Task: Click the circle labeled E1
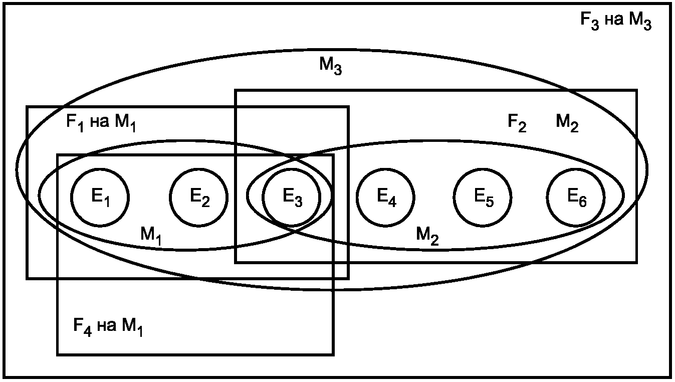click(x=100, y=196)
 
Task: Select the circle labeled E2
click(x=199, y=196)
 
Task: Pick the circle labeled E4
click(x=386, y=196)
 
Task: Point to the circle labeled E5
click(x=483, y=196)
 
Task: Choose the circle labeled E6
click(x=576, y=196)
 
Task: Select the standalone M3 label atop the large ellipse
click(x=330, y=66)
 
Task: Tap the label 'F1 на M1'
click(x=101, y=123)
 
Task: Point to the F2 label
click(x=517, y=123)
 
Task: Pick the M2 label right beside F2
click(x=567, y=123)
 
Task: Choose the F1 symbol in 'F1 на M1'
click(x=76, y=123)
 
